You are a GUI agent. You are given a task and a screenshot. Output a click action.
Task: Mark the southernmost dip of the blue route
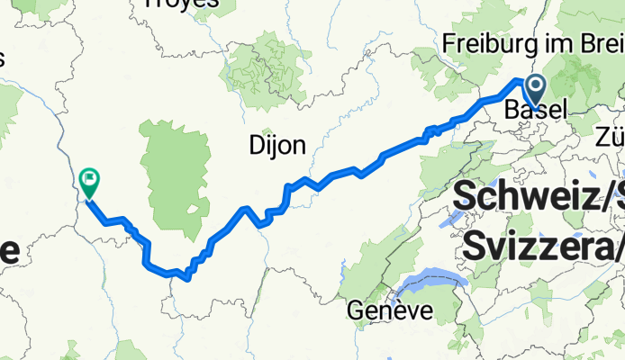(186, 278)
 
